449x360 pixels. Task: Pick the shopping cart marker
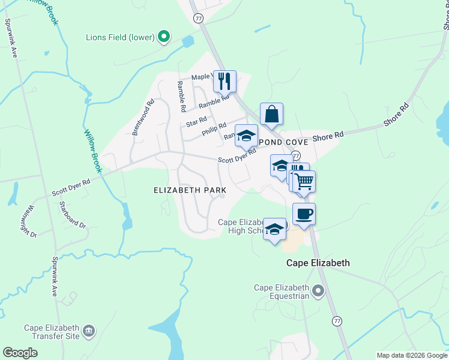click(304, 180)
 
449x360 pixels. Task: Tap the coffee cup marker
click(304, 214)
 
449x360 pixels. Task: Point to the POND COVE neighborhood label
click(284, 142)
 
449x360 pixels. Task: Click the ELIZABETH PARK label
click(190, 190)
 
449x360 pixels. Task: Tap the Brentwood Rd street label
click(143, 117)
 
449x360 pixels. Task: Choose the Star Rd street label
click(196, 123)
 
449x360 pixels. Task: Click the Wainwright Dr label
click(29, 221)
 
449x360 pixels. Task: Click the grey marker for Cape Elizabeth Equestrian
click(318, 292)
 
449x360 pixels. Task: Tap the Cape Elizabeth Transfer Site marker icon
click(89, 331)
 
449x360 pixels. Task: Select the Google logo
click(20, 353)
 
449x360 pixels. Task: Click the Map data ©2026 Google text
click(412, 355)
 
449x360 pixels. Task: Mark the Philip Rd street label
click(214, 128)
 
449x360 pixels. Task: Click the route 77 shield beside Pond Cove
click(295, 155)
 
